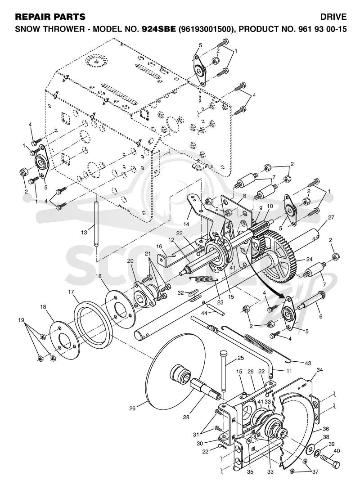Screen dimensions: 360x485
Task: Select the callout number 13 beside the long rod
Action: tap(84, 232)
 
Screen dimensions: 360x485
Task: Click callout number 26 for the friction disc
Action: tap(132, 409)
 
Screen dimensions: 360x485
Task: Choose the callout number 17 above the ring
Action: tap(71, 292)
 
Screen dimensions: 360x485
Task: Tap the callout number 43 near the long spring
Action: tap(308, 363)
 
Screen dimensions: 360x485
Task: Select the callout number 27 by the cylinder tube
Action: tap(331, 217)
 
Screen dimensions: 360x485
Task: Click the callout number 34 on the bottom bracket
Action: tap(319, 370)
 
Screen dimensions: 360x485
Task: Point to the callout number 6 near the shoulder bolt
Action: tap(321, 316)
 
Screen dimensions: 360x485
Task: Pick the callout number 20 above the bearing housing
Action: tap(130, 261)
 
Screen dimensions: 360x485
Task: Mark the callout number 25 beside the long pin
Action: tap(241, 358)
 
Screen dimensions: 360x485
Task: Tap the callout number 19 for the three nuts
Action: tap(21, 320)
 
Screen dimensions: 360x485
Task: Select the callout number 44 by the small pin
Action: tap(204, 314)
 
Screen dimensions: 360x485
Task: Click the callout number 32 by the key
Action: tap(180, 292)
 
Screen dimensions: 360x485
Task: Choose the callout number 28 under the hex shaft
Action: tap(186, 418)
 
